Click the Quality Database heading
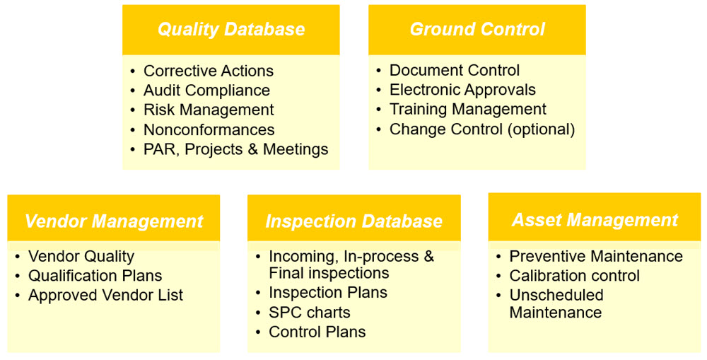point(231,30)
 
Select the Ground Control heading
point(477,30)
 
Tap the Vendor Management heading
point(114,221)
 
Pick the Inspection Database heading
point(353,221)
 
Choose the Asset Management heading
point(595,220)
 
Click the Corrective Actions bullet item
point(208,71)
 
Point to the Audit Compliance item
point(206,91)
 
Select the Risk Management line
point(209,110)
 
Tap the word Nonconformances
point(209,130)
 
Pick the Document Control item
point(454,71)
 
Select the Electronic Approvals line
point(462,90)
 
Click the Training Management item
point(467,110)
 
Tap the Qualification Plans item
point(95,276)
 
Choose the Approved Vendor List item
point(105,296)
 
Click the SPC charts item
point(309,313)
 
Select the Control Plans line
point(317,332)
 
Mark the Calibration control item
point(574,276)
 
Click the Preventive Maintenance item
point(596,256)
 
